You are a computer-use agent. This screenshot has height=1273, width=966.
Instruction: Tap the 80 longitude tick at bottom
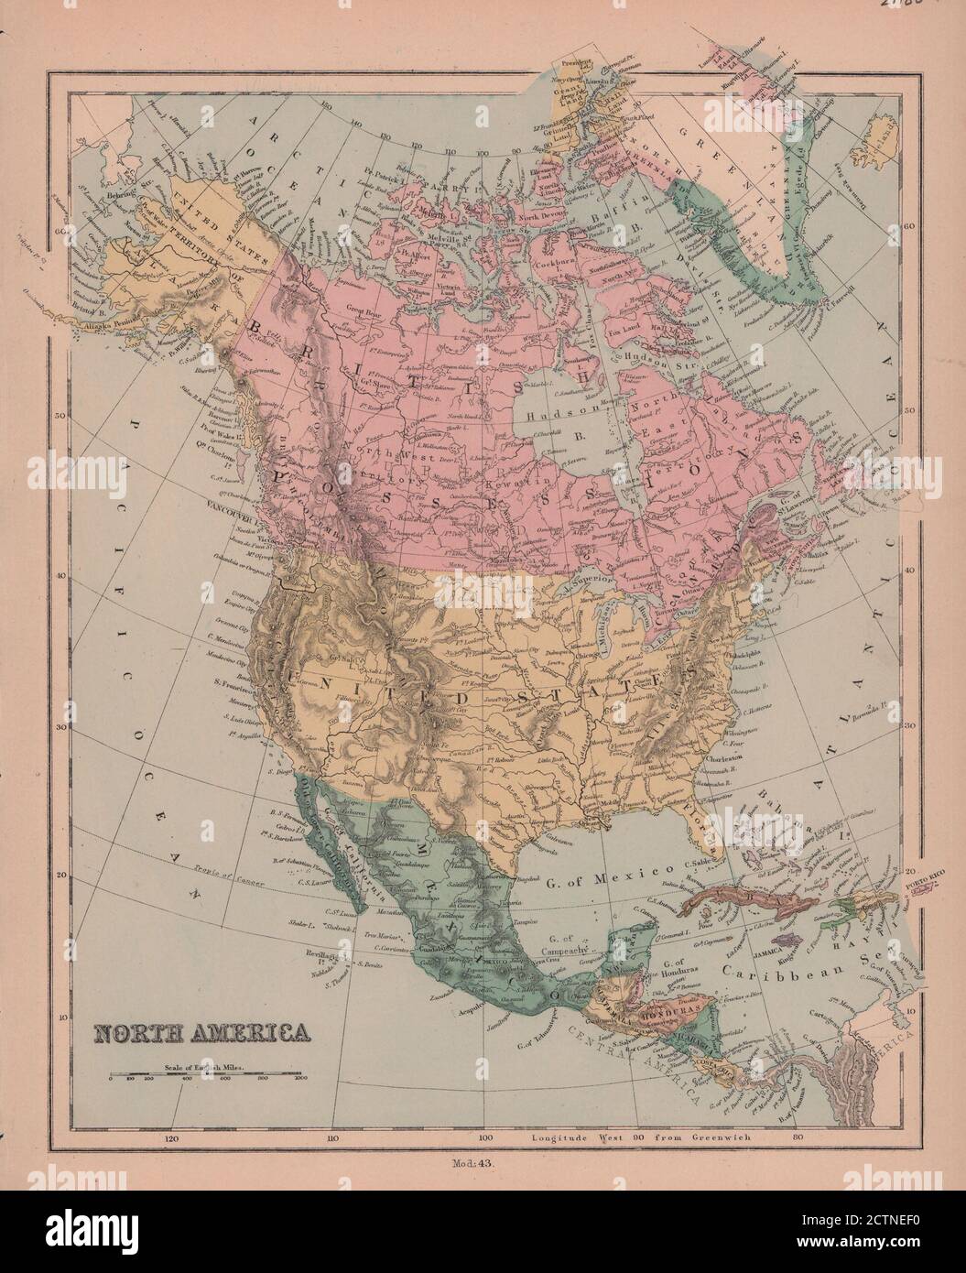[x=798, y=1140]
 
